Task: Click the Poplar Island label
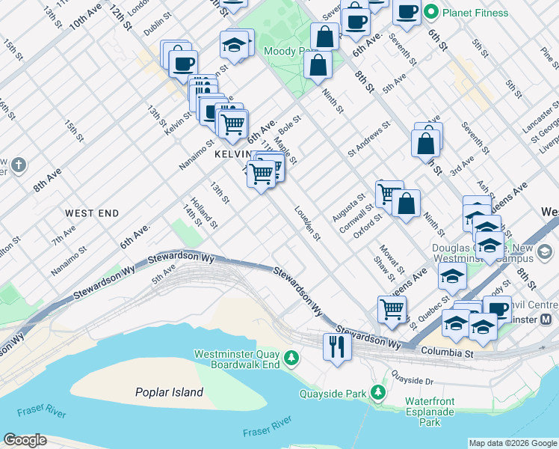point(169,392)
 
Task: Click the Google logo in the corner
point(25,440)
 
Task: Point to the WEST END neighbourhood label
point(91,213)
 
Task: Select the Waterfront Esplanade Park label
point(430,412)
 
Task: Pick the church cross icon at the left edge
point(19,164)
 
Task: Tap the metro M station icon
point(546,320)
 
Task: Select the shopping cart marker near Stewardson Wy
point(392,308)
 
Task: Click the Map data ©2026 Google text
point(513,443)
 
